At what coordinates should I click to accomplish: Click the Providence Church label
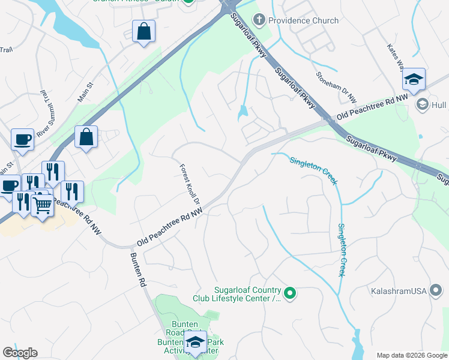pos(304,20)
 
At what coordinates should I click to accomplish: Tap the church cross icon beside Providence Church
pos(259,20)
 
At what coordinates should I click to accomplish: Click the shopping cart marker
pos(42,206)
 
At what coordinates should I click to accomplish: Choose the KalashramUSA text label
pos(398,291)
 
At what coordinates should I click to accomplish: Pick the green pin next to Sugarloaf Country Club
pos(290,293)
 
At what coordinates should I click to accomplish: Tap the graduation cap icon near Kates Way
pos(414,79)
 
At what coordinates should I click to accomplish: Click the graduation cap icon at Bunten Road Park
pos(194,342)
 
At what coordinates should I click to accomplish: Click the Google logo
pos(20,353)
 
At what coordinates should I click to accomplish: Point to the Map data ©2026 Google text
pos(411,355)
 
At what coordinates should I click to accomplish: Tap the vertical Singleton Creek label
pos(342,250)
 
